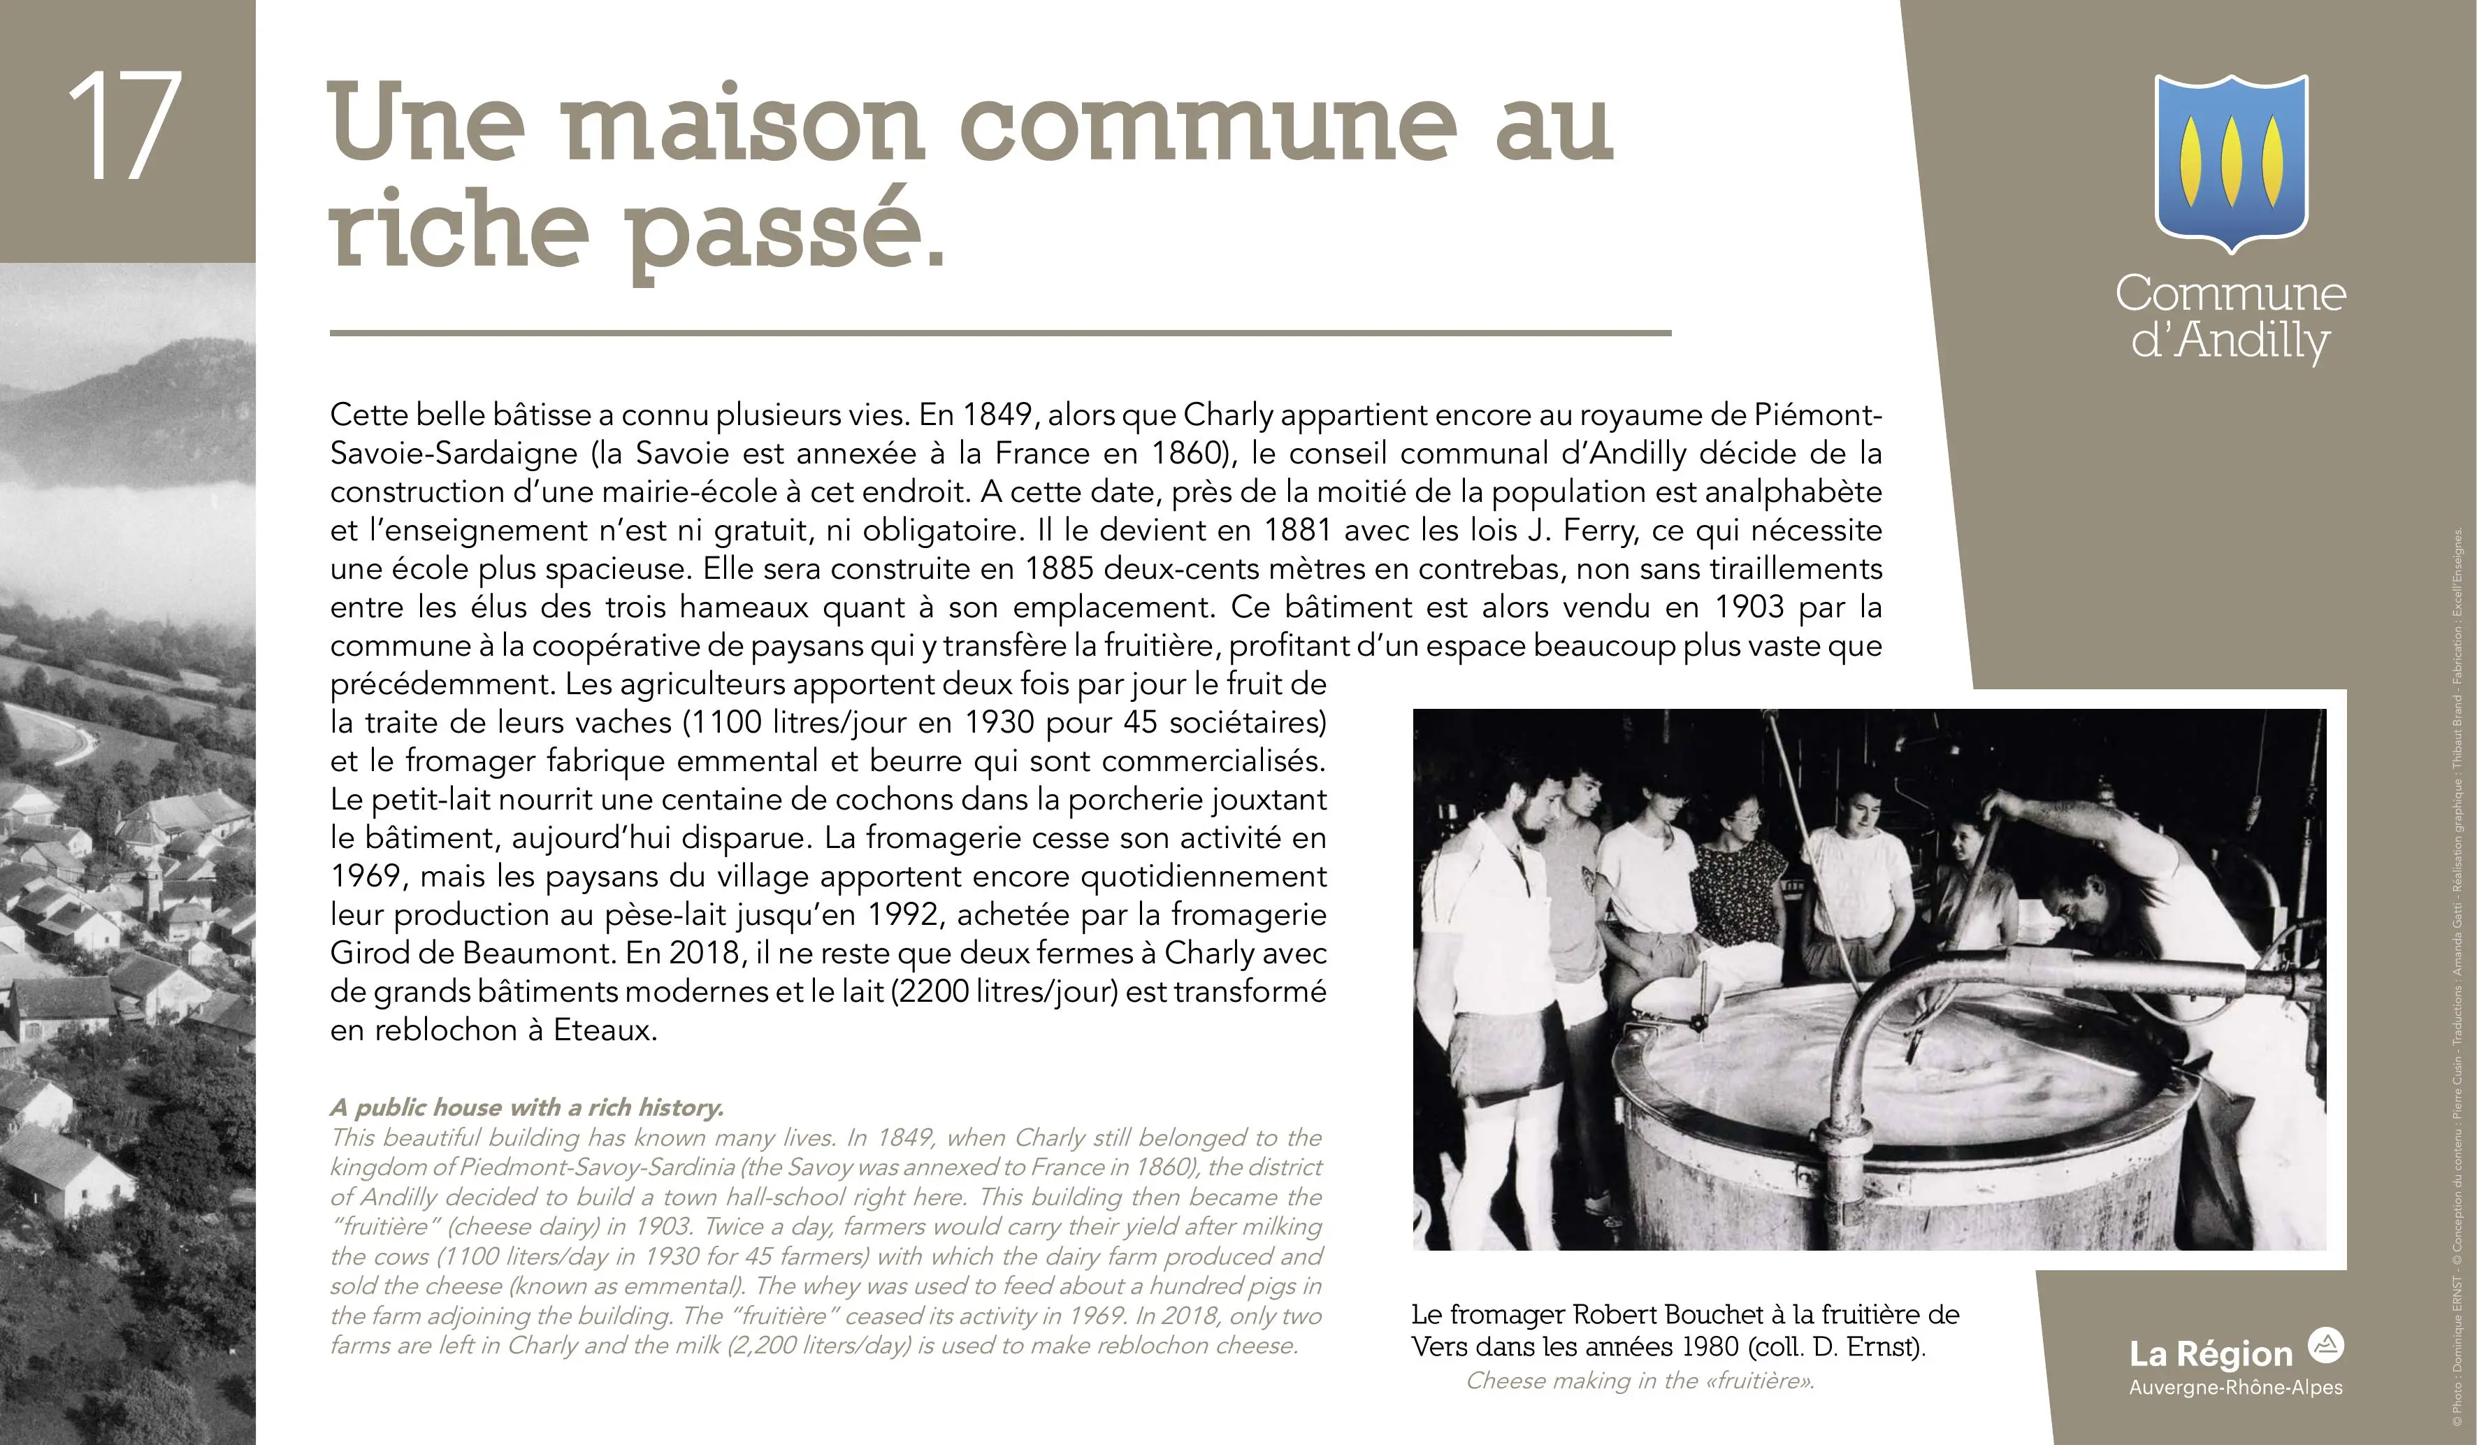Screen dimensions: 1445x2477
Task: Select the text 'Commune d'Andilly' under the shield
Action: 2230,317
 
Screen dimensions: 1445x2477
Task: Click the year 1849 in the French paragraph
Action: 999,415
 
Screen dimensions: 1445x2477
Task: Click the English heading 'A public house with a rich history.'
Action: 527,1108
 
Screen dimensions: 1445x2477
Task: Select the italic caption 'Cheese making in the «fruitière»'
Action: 1640,1381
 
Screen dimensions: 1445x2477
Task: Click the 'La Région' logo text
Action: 2211,1355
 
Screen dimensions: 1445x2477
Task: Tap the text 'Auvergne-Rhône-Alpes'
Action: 2235,1388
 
